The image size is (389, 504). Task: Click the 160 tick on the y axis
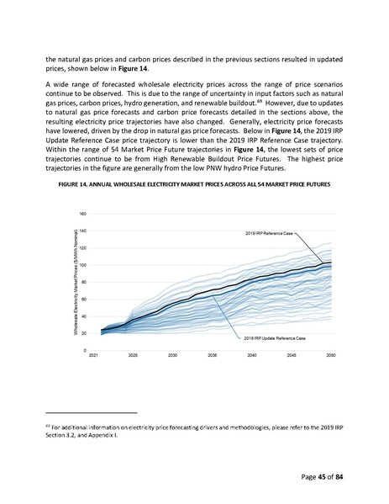(x=82, y=213)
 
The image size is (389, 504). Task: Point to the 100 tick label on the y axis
(x=82, y=265)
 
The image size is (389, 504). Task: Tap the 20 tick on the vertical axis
(x=83, y=333)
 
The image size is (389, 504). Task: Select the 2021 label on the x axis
(x=93, y=356)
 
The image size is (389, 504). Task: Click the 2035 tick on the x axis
(x=213, y=356)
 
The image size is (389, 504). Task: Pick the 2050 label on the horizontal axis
(x=332, y=356)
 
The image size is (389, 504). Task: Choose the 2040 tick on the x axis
(x=252, y=356)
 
